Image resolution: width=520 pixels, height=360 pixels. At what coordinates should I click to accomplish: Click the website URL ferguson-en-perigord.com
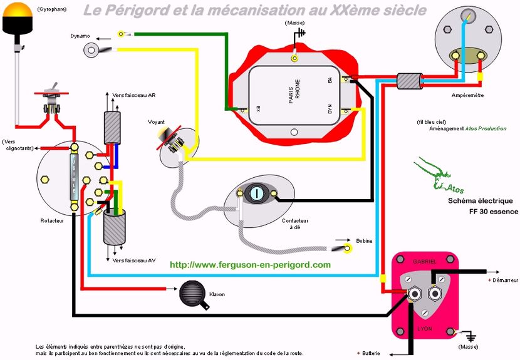tap(250, 265)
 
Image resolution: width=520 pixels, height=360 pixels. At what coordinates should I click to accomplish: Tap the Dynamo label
tap(80, 36)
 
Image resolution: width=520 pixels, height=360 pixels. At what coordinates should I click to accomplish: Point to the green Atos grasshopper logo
tap(432, 175)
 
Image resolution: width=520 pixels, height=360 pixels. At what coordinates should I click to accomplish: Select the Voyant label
tap(157, 121)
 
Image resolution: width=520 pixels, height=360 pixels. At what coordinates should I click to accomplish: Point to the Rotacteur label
tap(53, 221)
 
